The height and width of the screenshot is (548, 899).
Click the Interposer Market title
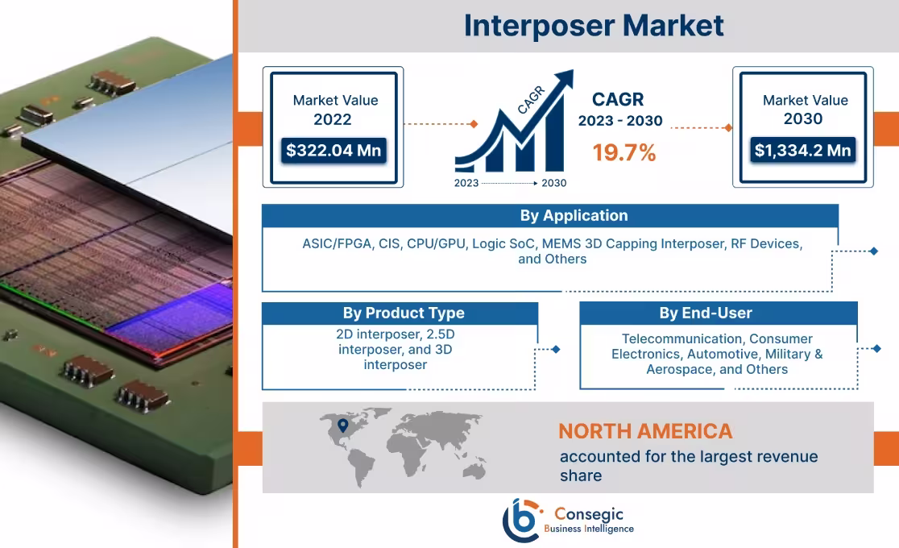click(x=594, y=26)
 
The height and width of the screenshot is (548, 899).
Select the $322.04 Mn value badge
click(x=333, y=150)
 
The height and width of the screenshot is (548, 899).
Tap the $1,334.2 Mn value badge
click(x=802, y=150)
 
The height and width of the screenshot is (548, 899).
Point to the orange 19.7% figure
click(x=624, y=152)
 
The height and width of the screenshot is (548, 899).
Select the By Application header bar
click(x=550, y=216)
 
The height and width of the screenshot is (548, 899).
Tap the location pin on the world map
click(x=342, y=425)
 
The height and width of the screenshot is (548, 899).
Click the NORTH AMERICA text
click(x=645, y=431)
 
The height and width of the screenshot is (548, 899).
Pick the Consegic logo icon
click(x=523, y=521)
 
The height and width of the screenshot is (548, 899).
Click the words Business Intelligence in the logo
click(x=589, y=529)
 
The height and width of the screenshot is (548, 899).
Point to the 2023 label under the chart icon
click(x=466, y=183)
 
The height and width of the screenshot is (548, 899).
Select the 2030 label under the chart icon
click(x=553, y=183)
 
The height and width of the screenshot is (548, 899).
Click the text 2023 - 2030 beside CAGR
click(x=619, y=121)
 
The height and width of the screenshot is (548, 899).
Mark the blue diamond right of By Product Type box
click(x=555, y=349)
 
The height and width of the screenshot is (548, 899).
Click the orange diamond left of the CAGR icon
click(x=474, y=124)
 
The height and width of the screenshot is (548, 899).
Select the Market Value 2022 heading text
click(x=334, y=110)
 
